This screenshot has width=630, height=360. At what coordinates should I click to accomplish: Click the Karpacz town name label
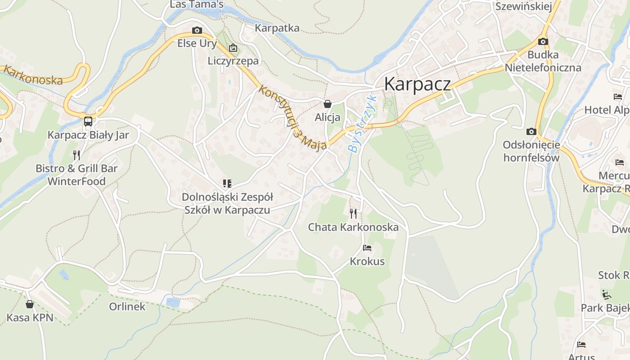click(x=417, y=84)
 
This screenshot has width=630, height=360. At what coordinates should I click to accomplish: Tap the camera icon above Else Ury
click(x=197, y=31)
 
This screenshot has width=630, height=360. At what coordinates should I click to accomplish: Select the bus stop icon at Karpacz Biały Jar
click(x=88, y=121)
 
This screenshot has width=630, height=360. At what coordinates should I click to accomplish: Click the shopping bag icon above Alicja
click(x=328, y=104)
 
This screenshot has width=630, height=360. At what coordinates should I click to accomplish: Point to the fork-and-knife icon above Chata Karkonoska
click(x=353, y=213)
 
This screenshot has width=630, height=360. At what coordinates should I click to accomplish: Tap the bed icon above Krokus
click(x=367, y=248)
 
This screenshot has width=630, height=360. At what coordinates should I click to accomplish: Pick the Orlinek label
click(x=127, y=306)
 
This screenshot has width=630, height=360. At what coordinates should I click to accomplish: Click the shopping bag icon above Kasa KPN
click(x=30, y=305)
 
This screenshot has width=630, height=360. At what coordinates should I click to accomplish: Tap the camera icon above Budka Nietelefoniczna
click(x=543, y=42)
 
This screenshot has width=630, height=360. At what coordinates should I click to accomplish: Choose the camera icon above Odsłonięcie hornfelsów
click(x=531, y=132)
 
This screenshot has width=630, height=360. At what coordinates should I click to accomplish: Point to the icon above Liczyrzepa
click(x=233, y=48)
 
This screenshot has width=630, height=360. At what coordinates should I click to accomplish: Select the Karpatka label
click(x=277, y=28)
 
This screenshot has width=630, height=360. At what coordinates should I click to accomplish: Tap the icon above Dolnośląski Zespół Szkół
click(x=227, y=184)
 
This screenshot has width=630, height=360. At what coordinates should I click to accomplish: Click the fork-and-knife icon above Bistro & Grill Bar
click(x=76, y=155)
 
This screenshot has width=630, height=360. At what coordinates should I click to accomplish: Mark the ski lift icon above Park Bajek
click(x=607, y=295)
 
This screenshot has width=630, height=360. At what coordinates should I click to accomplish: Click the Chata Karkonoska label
click(x=353, y=227)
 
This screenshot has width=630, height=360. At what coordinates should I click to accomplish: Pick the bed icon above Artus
click(x=581, y=345)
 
